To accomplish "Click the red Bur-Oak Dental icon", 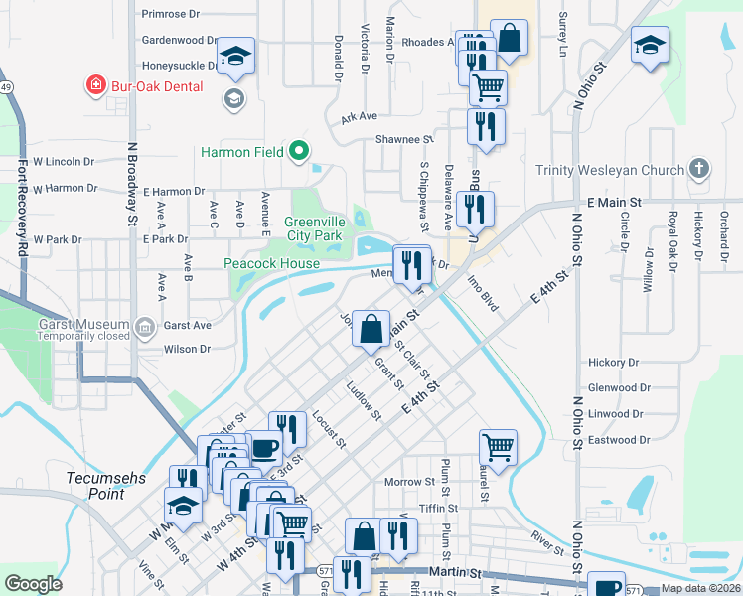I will [96, 86].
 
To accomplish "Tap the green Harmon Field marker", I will [298, 153].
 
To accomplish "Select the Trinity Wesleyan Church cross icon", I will [698, 169].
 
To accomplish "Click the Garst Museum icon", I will [145, 325].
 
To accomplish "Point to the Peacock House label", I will [271, 263].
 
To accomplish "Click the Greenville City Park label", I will [313, 228].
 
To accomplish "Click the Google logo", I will [33, 583].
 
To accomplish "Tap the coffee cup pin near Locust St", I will [264, 449].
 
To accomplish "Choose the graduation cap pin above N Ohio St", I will [650, 45].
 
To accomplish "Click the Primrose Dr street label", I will [170, 14].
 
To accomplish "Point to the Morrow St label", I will [410, 482].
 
